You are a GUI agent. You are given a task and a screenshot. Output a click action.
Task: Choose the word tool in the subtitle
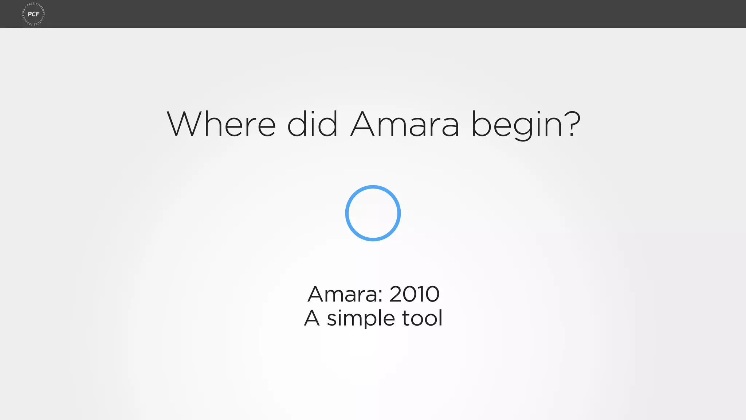click(423, 318)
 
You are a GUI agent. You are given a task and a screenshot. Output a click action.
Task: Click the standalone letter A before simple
click(312, 318)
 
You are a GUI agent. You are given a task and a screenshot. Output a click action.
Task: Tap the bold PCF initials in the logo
click(34, 14)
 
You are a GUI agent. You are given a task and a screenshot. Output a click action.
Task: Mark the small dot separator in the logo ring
click(25, 7)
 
